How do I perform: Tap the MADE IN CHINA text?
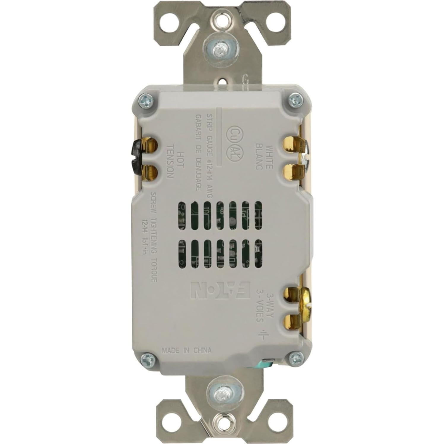click(x=187, y=350)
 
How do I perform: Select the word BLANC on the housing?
click(x=259, y=157)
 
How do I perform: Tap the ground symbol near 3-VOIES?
click(x=262, y=335)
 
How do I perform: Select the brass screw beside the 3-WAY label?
click(x=306, y=306)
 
